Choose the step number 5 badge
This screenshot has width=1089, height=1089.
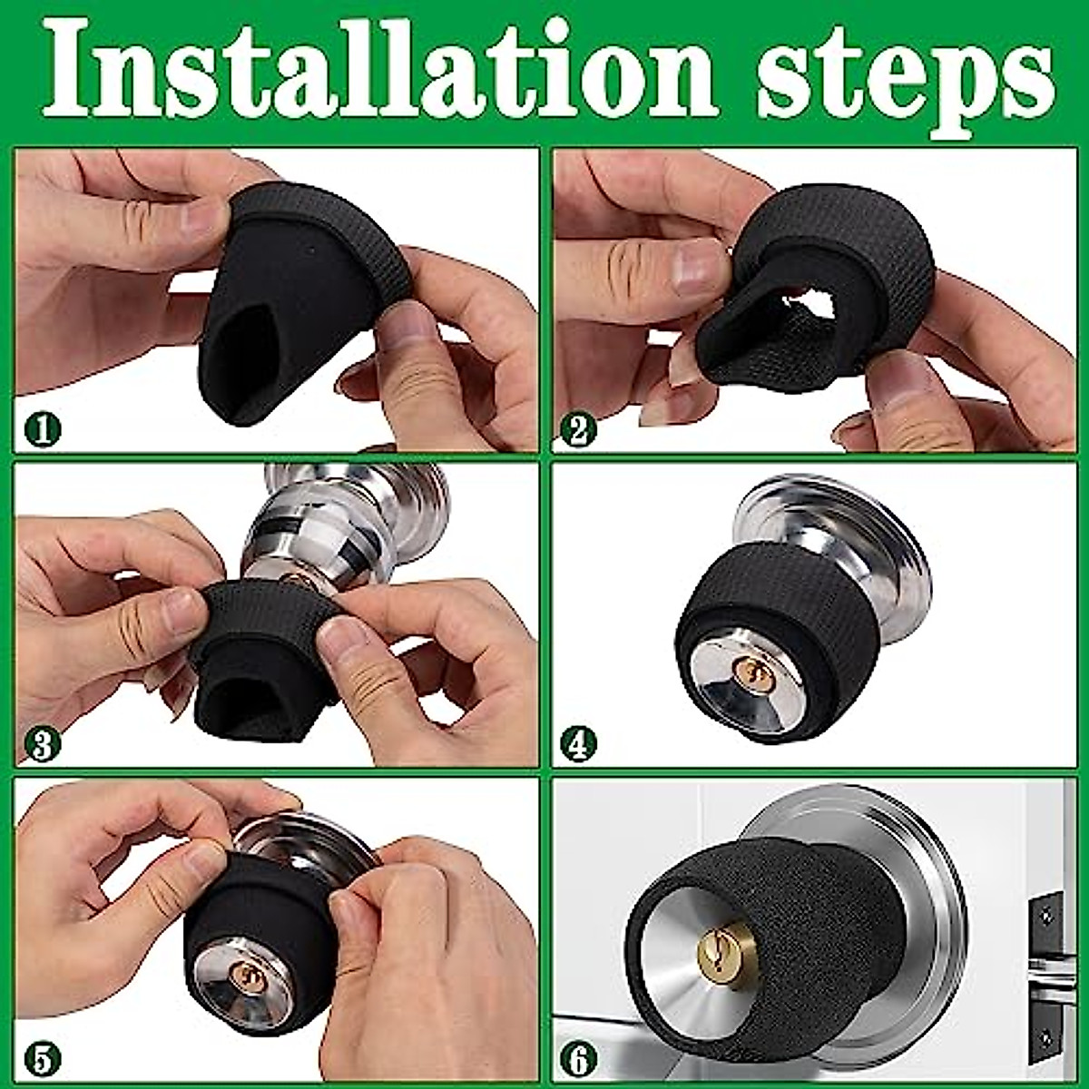tap(42, 1059)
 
